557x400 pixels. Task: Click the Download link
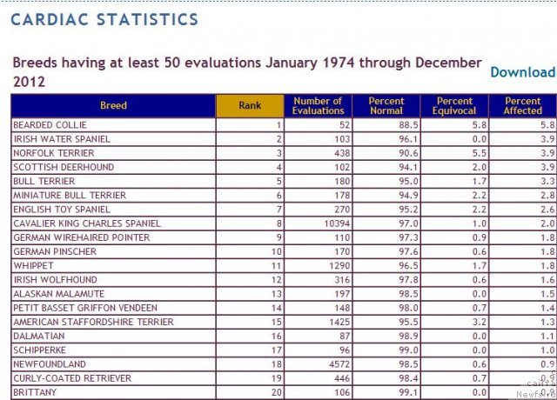[x=522, y=72]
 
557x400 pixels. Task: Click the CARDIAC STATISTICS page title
[x=104, y=19]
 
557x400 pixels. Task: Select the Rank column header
[x=250, y=106]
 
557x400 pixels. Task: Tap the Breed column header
[x=113, y=106]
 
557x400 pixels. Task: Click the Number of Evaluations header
[x=318, y=106]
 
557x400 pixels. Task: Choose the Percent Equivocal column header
[x=454, y=106]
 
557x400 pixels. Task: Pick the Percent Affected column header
[x=522, y=106]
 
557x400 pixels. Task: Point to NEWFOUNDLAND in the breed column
[x=49, y=363]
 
